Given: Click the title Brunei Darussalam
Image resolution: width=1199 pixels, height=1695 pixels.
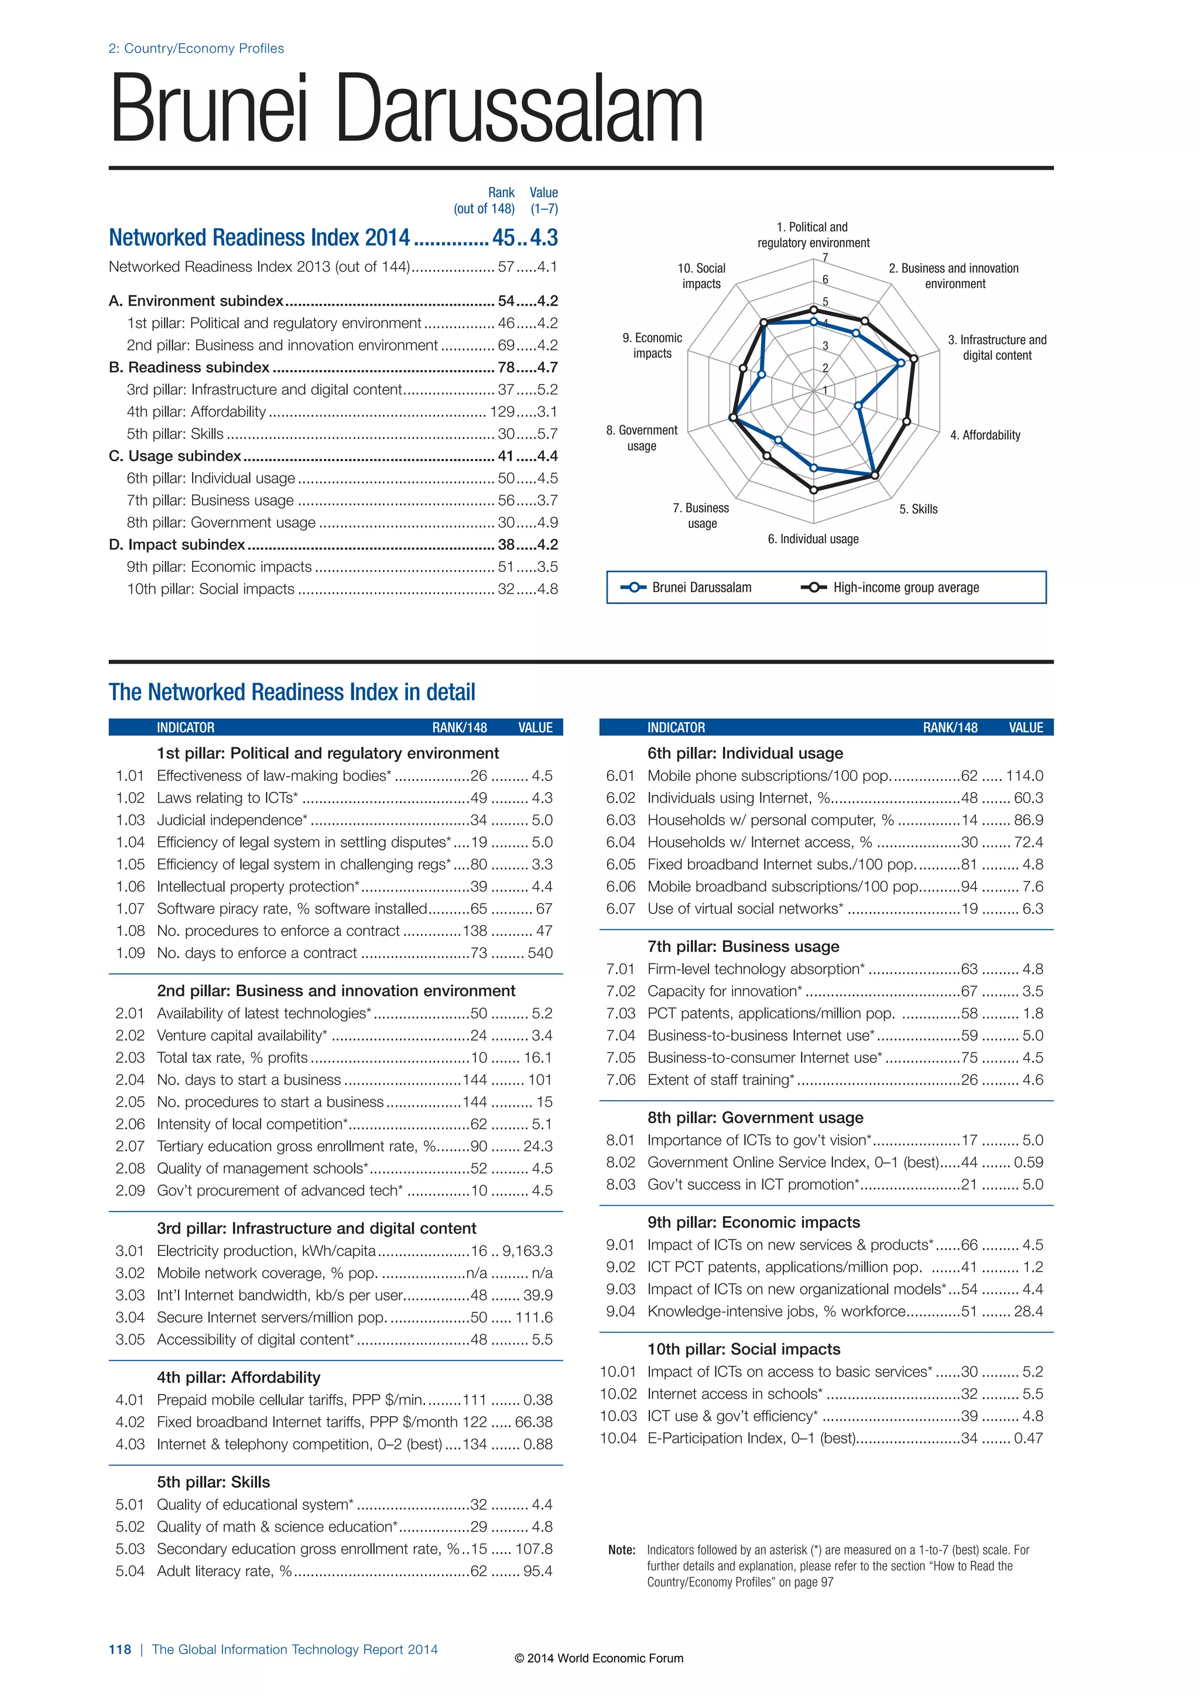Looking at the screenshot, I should pos(406,109).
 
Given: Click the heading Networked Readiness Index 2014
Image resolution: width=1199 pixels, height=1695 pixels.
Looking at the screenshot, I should pos(259,238).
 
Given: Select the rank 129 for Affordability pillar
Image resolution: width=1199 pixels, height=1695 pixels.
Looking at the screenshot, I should pos(502,412).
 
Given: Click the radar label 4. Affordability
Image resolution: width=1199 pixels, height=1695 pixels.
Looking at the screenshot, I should pos(985,435).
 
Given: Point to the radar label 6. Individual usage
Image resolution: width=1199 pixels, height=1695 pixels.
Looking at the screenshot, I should pos(813,539).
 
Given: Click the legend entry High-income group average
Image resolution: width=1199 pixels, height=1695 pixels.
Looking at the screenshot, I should pos(906,588).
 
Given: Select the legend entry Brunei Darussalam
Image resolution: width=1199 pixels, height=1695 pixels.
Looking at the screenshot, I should pos(701,588).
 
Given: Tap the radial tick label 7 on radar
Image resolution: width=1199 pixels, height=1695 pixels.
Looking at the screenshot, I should pos(825,258).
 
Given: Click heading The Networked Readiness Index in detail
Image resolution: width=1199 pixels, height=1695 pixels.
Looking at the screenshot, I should pos(292,692).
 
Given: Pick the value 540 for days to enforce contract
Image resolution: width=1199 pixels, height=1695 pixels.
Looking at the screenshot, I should pos(540,953).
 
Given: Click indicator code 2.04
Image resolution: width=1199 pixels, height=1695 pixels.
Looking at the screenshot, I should pos(130,1080).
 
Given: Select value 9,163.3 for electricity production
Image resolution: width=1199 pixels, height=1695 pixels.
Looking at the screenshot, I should pos(527,1251).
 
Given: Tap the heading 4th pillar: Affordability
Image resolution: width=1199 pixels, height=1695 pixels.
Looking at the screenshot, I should pos(238,1378).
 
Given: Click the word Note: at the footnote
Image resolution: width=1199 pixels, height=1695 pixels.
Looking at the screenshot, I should pos(622,1550).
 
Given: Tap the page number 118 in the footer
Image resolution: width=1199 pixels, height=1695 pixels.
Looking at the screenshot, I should pos(119,1649).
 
